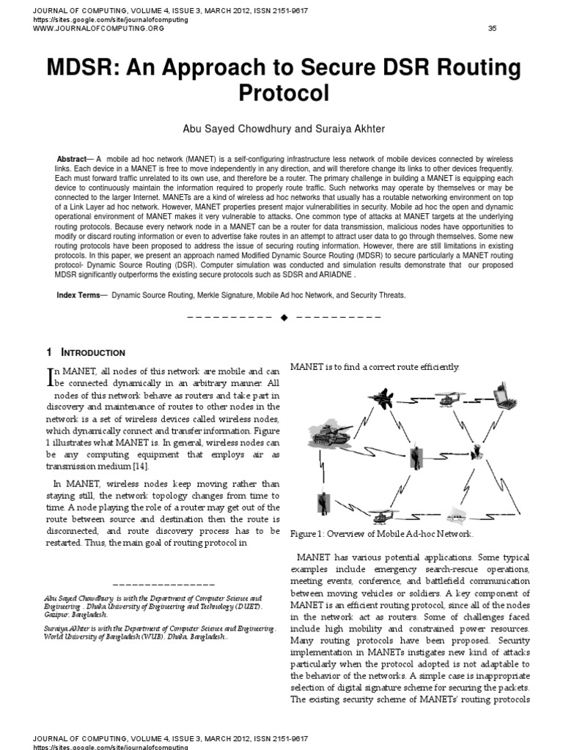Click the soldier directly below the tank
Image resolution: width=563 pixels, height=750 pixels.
click(322, 504)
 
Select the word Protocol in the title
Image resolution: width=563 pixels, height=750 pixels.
click(282, 93)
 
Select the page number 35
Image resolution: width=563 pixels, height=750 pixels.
click(492, 29)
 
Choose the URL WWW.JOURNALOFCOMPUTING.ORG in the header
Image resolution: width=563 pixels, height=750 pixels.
click(97, 29)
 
